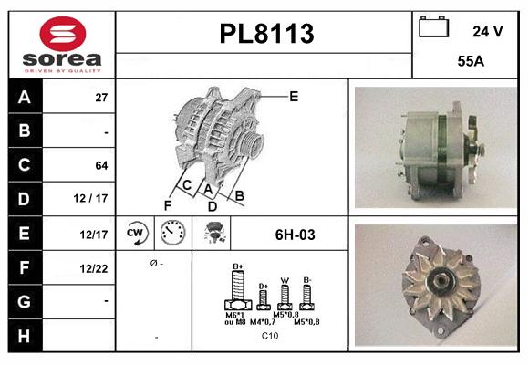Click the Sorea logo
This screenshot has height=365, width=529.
(x=61, y=45)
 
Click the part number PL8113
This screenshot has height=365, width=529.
(x=266, y=34)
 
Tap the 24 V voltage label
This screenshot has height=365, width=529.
(x=487, y=31)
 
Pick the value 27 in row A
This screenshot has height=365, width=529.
(x=101, y=97)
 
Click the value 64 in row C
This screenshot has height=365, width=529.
(x=101, y=165)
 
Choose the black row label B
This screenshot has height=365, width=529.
(x=24, y=130)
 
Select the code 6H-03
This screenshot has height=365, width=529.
(x=295, y=235)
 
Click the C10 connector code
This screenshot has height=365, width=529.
(x=270, y=337)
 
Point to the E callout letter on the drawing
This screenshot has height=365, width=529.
(x=294, y=95)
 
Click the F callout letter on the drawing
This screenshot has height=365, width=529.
(x=167, y=205)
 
